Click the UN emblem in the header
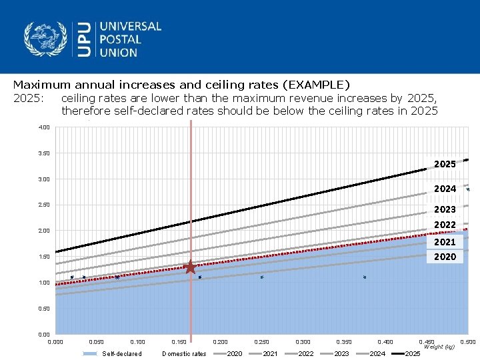coord(46,39)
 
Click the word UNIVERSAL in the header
coord(131,27)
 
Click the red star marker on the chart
coord(190,267)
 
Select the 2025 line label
coord(445,164)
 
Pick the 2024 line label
coord(445,189)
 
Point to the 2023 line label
coord(445,209)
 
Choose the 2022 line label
coord(445,225)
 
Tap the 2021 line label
coord(445,242)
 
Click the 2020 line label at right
coord(445,257)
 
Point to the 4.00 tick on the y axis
coord(43,127)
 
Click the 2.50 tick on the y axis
coord(43,205)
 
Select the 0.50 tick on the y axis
coord(43,309)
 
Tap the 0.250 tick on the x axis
coord(261,342)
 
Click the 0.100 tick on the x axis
coord(137,342)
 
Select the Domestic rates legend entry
coord(184,353)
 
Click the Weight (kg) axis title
coord(439,347)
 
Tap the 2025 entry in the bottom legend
coord(413,353)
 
